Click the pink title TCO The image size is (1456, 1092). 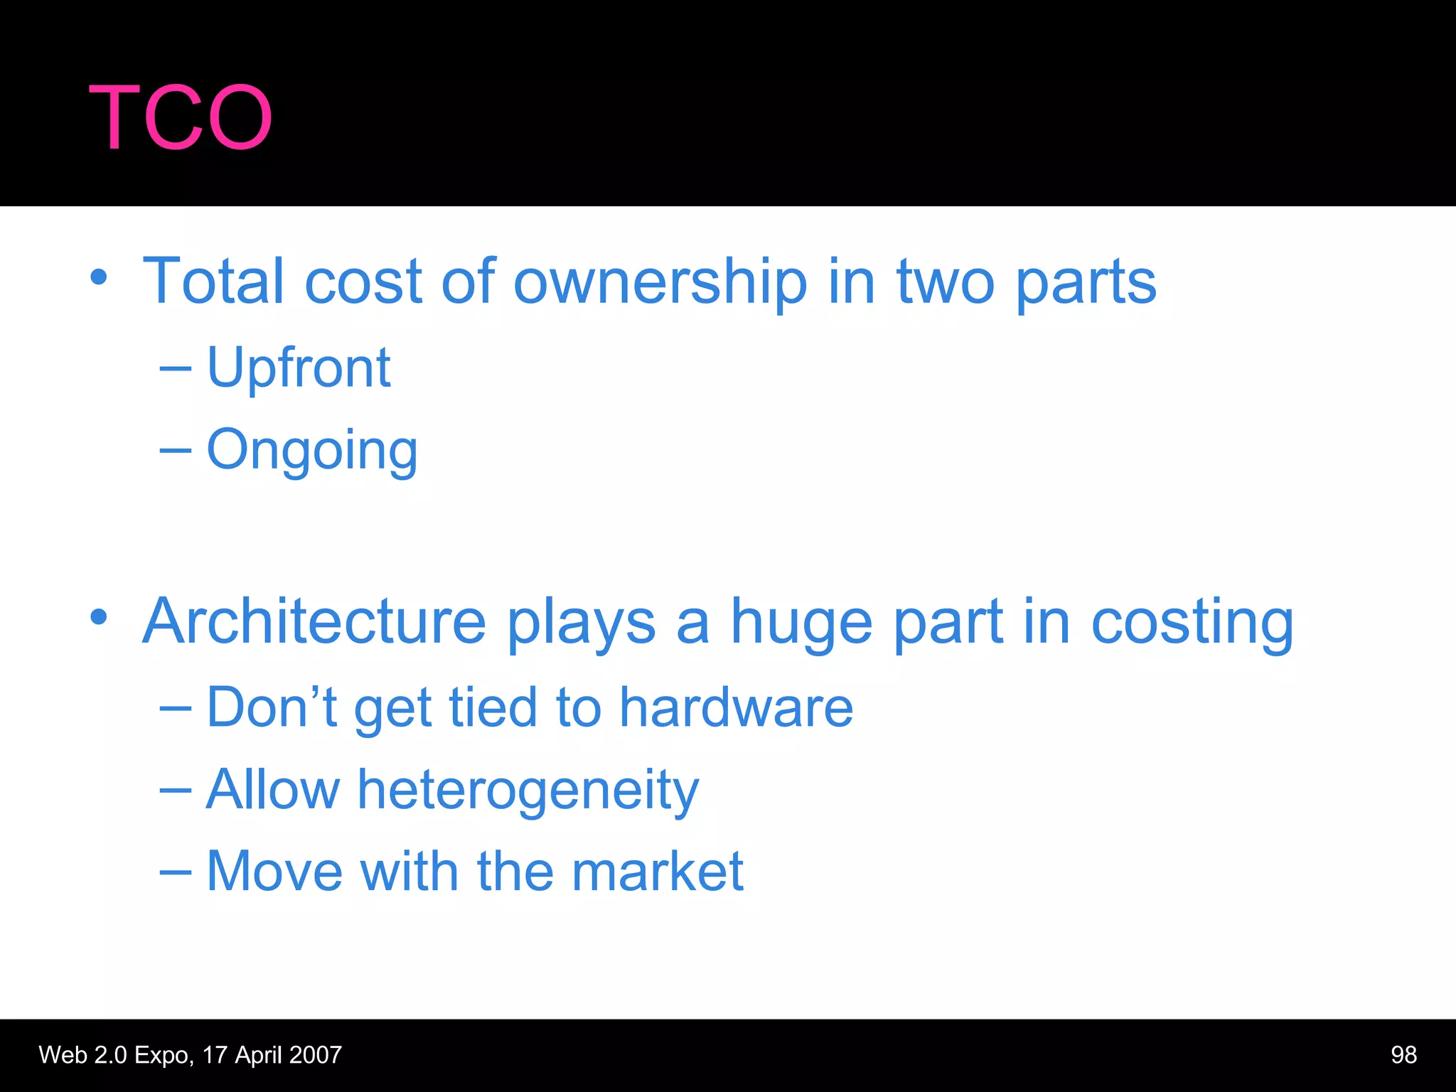[181, 117]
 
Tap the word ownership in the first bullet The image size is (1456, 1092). [660, 282]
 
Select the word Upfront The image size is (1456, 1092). [299, 368]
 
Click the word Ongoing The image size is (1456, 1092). [311, 451]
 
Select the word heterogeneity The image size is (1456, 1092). [528, 791]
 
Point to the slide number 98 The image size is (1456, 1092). [1403, 1055]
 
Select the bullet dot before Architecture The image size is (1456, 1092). [99, 617]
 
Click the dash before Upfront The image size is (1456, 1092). [175, 368]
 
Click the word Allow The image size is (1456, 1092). [273, 790]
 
